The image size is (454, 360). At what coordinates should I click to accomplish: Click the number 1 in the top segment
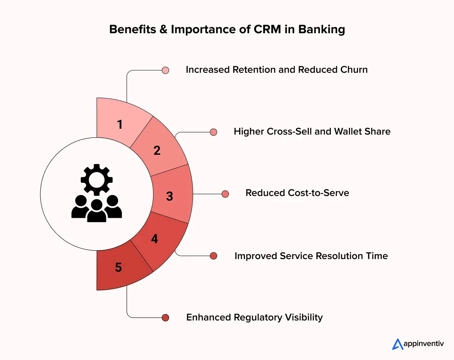pyautogui.click(x=120, y=124)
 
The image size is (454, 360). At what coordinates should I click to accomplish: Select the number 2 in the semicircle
pyautogui.click(x=157, y=151)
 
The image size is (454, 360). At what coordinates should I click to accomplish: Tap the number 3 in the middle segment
pyautogui.click(x=169, y=196)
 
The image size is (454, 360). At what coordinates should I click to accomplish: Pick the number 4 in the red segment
pyautogui.click(x=155, y=239)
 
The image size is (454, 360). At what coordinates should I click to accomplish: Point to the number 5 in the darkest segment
pyautogui.click(x=119, y=267)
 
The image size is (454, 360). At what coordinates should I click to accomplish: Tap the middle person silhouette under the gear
pyautogui.click(x=97, y=210)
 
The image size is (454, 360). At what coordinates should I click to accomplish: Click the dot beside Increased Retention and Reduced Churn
pyautogui.click(x=165, y=70)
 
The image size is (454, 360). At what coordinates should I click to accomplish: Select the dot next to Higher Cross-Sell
pyautogui.click(x=214, y=132)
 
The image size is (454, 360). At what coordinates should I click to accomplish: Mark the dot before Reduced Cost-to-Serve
pyautogui.click(x=225, y=194)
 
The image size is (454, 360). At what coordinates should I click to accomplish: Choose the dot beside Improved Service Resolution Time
pyautogui.click(x=214, y=256)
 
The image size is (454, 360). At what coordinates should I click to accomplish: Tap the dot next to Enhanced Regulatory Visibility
pyautogui.click(x=165, y=318)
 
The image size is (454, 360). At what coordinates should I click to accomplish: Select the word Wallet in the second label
pyautogui.click(x=348, y=131)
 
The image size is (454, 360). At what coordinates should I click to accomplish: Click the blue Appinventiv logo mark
pyautogui.click(x=398, y=344)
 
